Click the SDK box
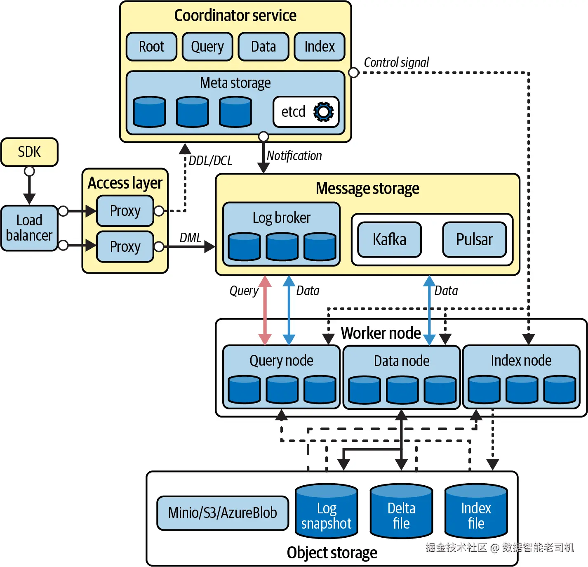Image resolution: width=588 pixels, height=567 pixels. (x=29, y=152)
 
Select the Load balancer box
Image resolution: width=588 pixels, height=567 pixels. (x=29, y=228)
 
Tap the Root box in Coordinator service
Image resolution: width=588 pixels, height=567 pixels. (x=151, y=47)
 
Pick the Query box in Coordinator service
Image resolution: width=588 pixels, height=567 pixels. (x=207, y=47)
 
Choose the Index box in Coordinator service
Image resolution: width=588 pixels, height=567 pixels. (x=320, y=47)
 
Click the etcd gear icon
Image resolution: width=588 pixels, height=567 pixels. (x=323, y=112)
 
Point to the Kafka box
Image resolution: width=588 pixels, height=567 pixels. (x=389, y=239)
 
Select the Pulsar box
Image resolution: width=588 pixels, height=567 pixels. (x=474, y=239)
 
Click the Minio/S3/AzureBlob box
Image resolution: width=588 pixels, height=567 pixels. (x=223, y=513)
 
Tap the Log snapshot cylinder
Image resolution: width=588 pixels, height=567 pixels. (x=327, y=512)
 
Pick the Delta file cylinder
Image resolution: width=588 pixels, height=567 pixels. (x=401, y=512)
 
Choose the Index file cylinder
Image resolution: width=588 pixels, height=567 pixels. (x=476, y=512)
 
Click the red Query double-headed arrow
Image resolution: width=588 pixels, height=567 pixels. (x=265, y=310)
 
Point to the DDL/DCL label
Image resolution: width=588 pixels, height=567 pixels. (x=210, y=161)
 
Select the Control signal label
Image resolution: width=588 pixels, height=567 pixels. (x=396, y=62)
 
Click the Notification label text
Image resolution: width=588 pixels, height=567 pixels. (x=294, y=156)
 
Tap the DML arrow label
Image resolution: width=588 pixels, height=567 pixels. (x=191, y=238)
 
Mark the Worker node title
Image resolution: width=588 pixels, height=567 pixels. (x=381, y=333)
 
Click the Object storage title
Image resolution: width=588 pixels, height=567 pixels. (x=332, y=553)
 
